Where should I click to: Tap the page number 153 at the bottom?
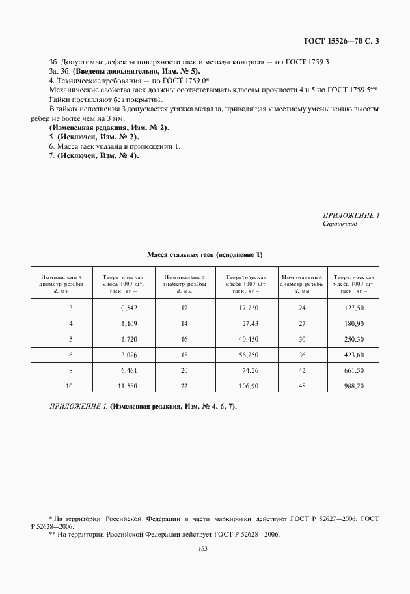205,549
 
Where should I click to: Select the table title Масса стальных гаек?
204,254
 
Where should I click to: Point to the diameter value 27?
301,323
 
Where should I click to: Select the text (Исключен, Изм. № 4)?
98,156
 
